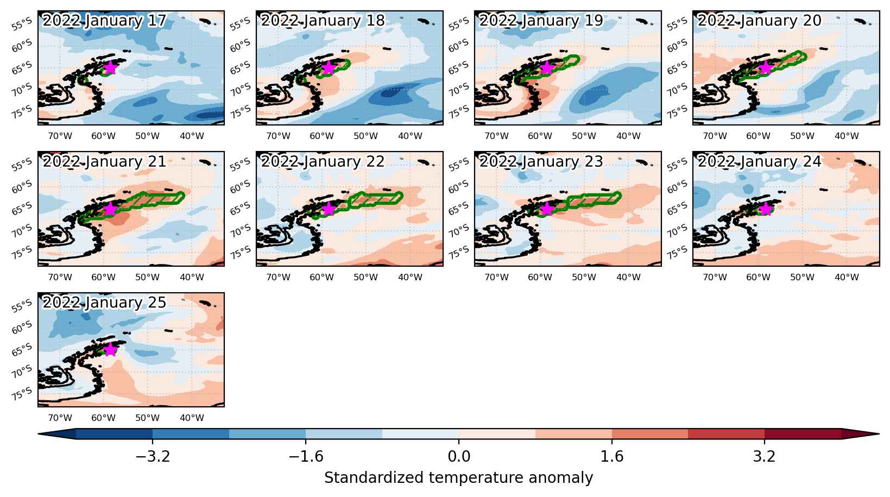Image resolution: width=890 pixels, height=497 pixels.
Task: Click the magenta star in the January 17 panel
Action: [110, 68]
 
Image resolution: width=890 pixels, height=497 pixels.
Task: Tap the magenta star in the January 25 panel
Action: [110, 349]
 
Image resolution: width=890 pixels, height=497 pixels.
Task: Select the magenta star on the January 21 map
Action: [110, 209]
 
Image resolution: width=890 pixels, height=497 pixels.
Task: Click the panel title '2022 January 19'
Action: [541, 21]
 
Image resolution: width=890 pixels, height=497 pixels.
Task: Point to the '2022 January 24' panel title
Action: [759, 162]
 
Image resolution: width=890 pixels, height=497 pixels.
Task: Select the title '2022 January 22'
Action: [323, 162]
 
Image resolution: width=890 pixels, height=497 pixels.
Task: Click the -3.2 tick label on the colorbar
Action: [153, 457]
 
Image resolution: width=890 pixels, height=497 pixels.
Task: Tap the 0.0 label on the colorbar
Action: [459, 457]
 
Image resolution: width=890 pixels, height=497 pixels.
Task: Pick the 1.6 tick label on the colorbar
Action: [612, 457]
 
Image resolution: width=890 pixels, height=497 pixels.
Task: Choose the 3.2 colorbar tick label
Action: [765, 457]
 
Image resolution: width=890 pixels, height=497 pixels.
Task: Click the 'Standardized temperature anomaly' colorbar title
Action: [458, 478]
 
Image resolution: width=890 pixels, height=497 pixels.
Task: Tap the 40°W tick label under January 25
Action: [192, 418]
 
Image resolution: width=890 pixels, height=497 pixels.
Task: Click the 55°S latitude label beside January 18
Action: [241, 24]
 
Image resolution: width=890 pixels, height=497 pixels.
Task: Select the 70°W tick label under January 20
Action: [715, 136]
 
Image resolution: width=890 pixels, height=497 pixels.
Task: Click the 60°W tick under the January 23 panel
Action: [540, 278]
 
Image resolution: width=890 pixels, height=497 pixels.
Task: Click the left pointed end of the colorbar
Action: [39, 434]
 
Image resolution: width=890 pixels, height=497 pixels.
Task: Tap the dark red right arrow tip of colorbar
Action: [879, 434]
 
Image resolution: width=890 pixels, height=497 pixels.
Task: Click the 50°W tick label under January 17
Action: [147, 136]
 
